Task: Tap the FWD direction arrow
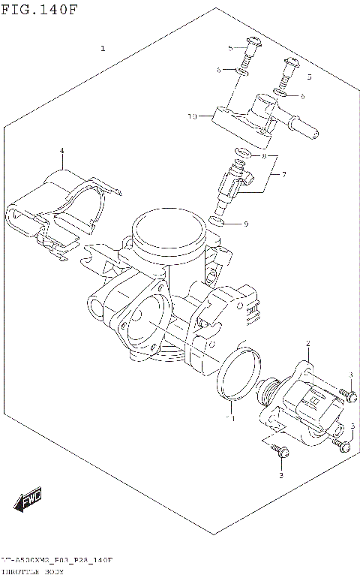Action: point(28,498)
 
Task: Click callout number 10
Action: point(192,117)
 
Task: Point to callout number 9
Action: point(245,224)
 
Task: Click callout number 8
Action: point(264,156)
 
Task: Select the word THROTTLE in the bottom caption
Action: point(21,572)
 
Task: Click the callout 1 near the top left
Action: point(103,49)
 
